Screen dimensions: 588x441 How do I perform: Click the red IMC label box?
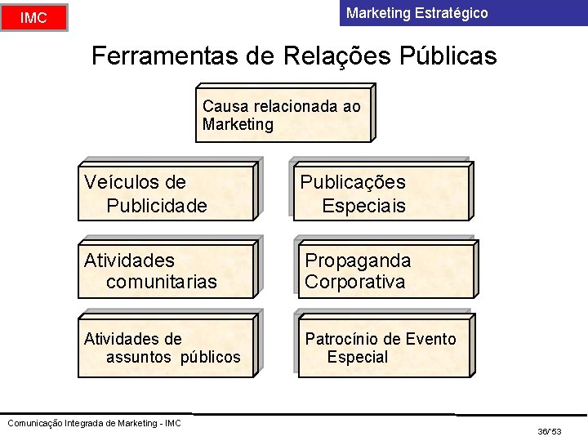tap(33, 17)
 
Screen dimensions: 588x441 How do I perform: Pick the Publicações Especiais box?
tap(383, 194)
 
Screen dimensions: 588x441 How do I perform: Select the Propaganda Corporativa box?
tap(383, 271)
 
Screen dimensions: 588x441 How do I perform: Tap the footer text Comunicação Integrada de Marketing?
tap(94, 422)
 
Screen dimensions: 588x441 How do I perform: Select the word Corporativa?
tap(354, 283)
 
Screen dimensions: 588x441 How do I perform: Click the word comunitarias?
tap(162, 283)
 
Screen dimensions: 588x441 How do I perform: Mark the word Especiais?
tap(363, 205)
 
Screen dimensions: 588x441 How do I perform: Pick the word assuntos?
tap(139, 357)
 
